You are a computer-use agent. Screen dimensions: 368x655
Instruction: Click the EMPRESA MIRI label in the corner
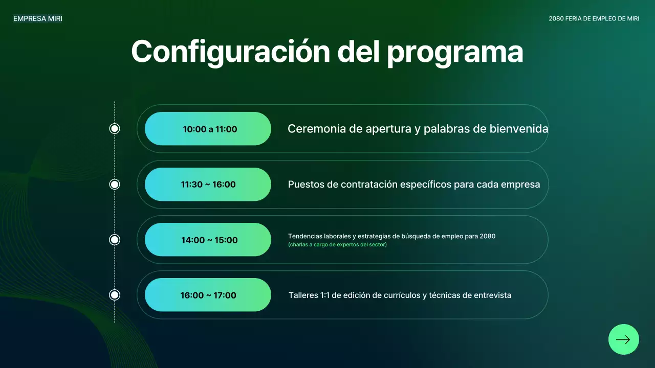(38, 18)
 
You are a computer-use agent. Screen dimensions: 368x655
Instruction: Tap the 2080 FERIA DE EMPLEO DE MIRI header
(594, 18)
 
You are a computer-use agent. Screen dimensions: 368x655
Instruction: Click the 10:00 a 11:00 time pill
(208, 129)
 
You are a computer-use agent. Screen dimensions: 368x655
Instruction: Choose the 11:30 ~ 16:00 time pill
(208, 185)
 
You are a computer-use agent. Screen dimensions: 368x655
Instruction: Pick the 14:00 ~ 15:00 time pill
(208, 240)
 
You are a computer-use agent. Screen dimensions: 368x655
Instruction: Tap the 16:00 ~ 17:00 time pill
(208, 295)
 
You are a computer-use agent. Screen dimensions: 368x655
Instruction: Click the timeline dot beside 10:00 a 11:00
(115, 129)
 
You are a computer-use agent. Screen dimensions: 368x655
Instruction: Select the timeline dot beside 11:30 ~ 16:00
(115, 184)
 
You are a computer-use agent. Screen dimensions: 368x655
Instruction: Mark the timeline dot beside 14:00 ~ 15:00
(115, 240)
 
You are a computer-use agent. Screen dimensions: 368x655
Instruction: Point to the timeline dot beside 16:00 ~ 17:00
(115, 295)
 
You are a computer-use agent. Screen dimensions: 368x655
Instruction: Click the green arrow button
(623, 339)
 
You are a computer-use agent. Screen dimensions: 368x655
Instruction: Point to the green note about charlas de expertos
(337, 245)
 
